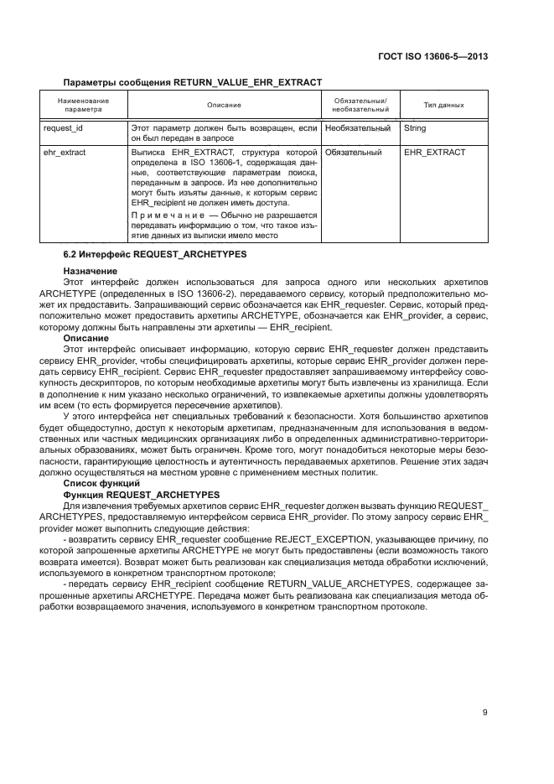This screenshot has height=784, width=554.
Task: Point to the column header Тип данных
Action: coord(444,105)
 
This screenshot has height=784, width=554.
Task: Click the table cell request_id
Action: coord(65,128)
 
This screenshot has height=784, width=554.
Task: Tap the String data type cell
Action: coord(415,128)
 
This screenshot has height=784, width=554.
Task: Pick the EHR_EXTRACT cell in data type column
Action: coord(434,153)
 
